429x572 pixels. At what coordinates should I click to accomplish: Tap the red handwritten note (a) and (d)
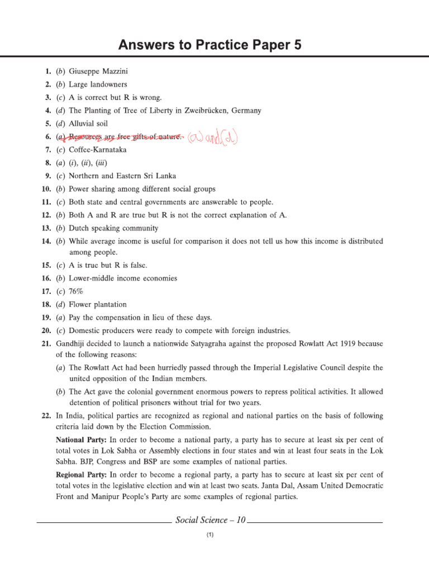pos(212,136)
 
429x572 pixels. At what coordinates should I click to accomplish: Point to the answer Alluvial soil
pos(88,123)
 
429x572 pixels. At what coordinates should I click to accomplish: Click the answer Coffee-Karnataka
pos(98,150)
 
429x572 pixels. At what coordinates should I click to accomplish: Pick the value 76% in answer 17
pos(77,291)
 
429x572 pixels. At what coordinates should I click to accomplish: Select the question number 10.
pos(46,189)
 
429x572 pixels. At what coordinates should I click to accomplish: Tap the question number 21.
pos(46,343)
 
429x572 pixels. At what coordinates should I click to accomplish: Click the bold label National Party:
pos(79,439)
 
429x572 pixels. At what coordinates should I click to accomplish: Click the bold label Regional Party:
pos(80,475)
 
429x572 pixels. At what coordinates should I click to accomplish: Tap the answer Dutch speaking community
pos(113,228)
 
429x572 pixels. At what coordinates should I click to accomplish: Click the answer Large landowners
pos(98,84)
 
